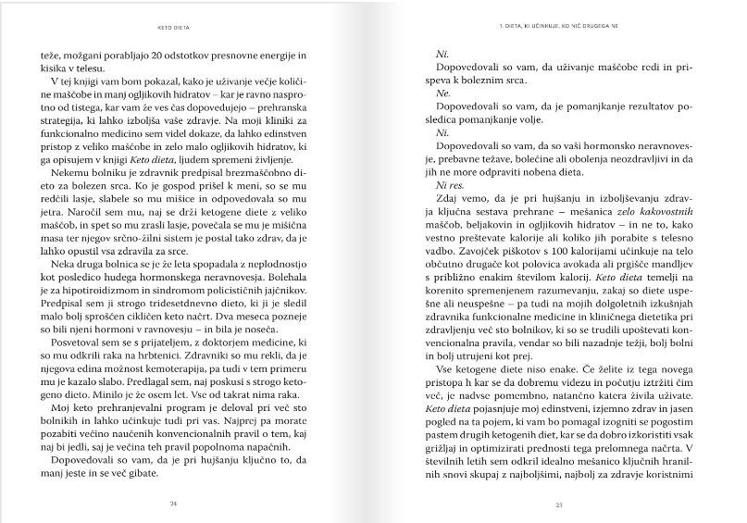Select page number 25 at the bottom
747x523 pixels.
(560, 504)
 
